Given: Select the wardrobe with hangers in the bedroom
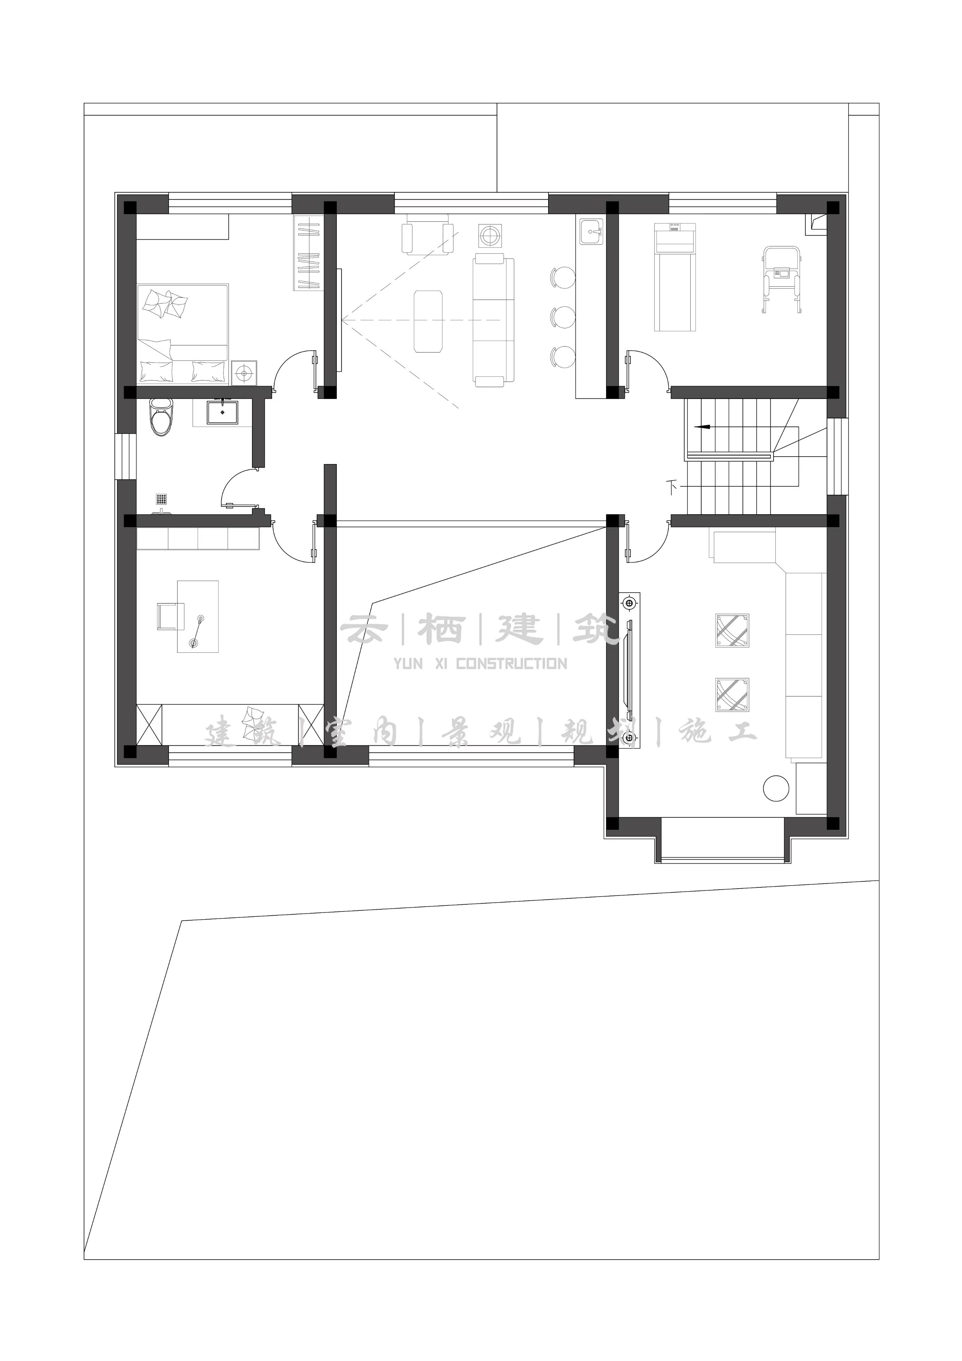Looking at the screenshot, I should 307,253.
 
